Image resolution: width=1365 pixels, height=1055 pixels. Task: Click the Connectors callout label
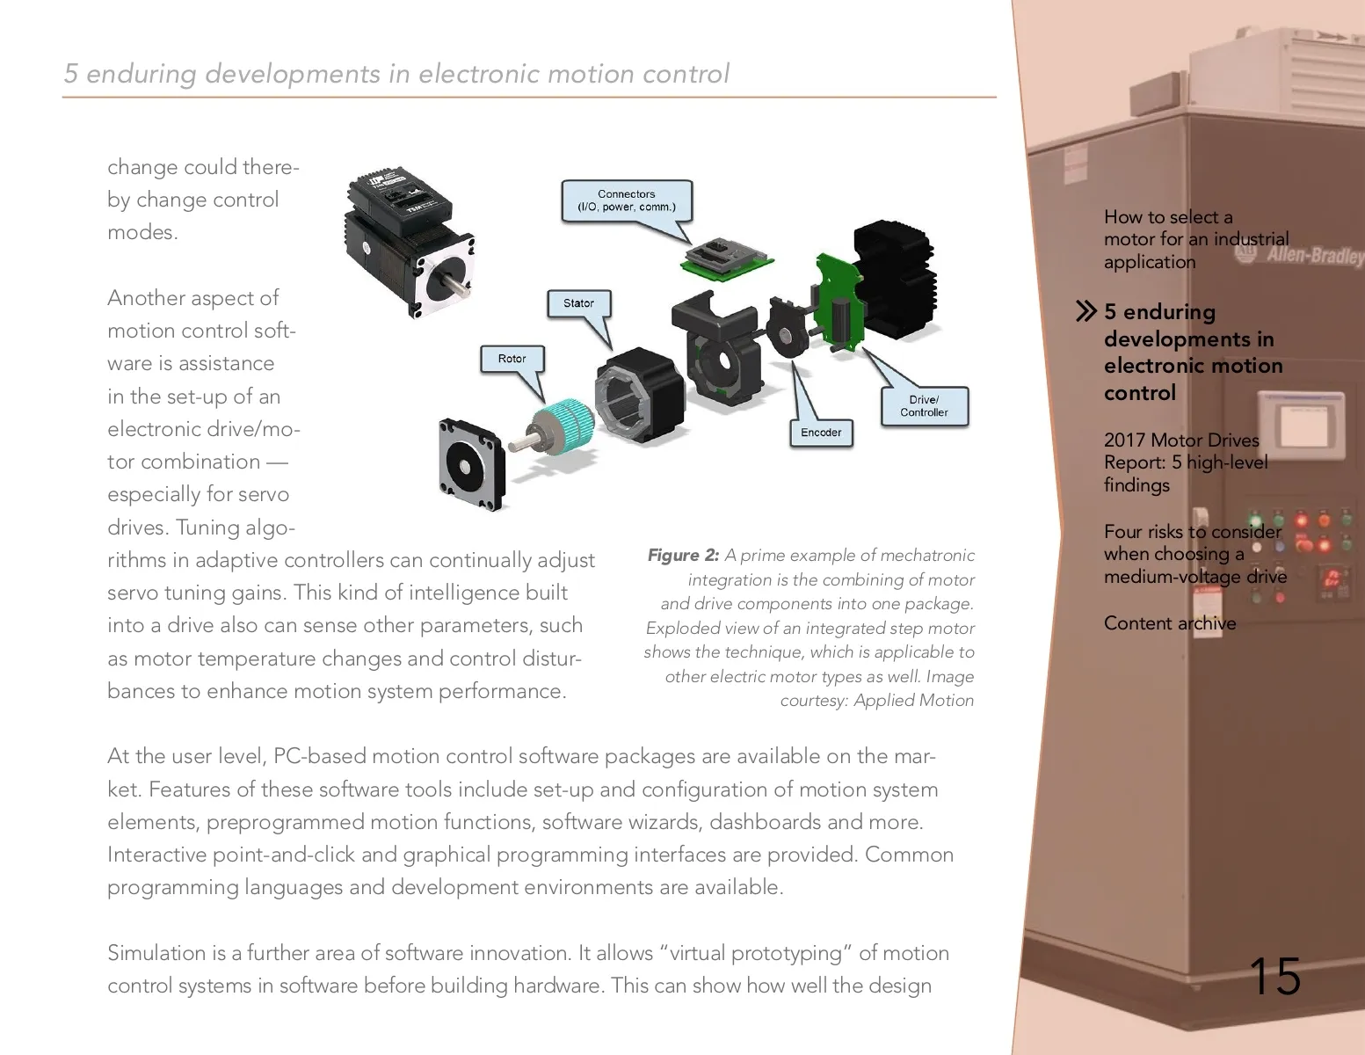click(x=626, y=200)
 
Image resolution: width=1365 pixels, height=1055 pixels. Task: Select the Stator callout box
click(x=578, y=303)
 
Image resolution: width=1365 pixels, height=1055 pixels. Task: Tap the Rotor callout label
click(x=512, y=359)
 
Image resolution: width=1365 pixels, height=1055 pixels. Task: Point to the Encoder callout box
click(x=821, y=433)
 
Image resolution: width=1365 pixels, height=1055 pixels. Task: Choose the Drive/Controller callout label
click(x=924, y=406)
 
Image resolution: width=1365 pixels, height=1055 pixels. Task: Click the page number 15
click(x=1274, y=977)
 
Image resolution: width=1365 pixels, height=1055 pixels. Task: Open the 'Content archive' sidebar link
click(x=1169, y=623)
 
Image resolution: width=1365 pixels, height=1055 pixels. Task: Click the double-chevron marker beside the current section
click(x=1086, y=311)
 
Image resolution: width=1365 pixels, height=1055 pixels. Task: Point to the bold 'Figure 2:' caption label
click(x=683, y=556)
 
